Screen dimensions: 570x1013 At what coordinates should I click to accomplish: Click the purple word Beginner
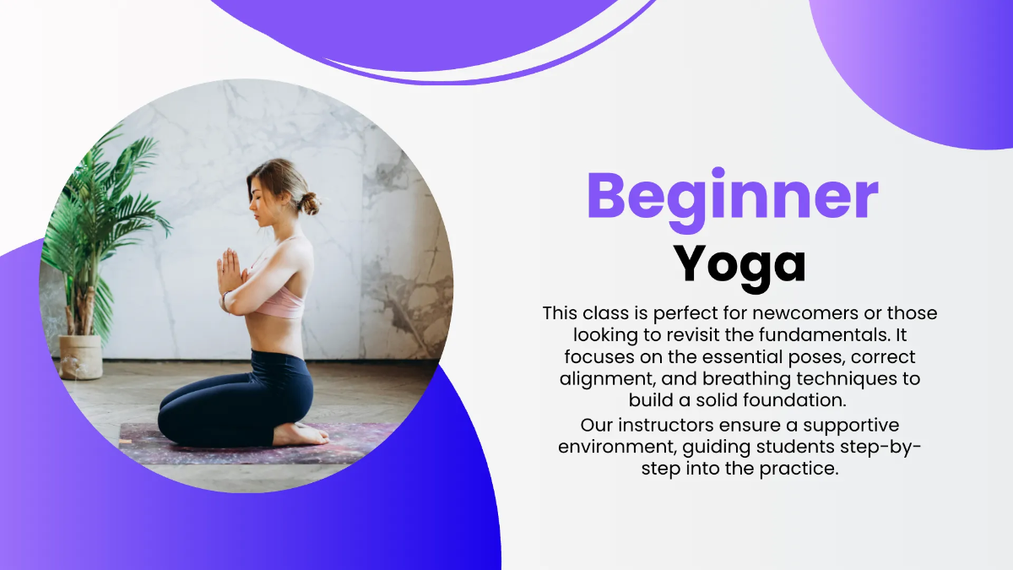(732, 197)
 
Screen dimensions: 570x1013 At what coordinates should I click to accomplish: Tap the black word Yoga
(739, 264)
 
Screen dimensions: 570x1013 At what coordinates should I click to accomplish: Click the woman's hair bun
(310, 203)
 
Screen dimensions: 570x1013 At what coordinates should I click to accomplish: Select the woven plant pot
(81, 356)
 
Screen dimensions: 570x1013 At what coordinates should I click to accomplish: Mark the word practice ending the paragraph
(803, 469)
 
